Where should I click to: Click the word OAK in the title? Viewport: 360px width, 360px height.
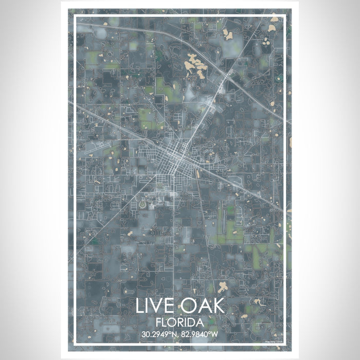click(203, 305)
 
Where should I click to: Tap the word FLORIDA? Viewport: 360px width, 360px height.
click(180, 323)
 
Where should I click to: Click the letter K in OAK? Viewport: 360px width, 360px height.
click(218, 305)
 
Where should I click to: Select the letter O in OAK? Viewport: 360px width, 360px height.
click(189, 305)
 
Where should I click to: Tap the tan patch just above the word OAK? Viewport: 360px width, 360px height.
click(223, 286)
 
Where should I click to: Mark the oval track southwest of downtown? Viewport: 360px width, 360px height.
click(142, 205)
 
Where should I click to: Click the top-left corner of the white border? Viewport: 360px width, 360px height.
click(75, 16)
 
